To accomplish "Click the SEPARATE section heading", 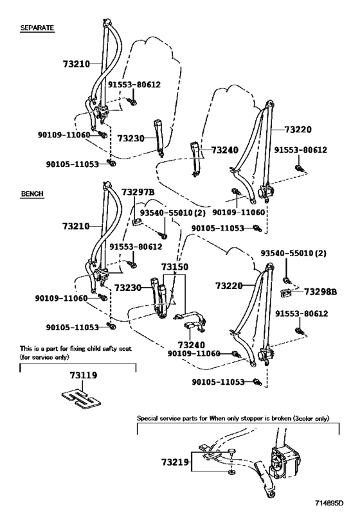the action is [x=37, y=28].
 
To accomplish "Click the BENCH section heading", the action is [x=32, y=193].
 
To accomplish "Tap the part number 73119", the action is [x=84, y=375].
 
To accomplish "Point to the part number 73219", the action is [x=175, y=462].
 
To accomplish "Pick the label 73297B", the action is [x=138, y=192].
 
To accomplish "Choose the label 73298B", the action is [x=320, y=292].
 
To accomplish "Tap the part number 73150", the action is [x=175, y=267].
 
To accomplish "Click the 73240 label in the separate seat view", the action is [x=224, y=150].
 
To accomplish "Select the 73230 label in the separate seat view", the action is [x=130, y=138].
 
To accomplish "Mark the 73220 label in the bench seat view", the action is [x=229, y=285].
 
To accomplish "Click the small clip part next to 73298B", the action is [x=285, y=294].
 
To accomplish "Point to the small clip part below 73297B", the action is [x=137, y=222].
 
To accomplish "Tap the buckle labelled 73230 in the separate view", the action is [x=159, y=137].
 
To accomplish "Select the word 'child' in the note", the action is [x=94, y=349].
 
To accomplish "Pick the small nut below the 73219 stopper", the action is [x=231, y=473].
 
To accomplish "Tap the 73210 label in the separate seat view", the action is [x=76, y=64].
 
